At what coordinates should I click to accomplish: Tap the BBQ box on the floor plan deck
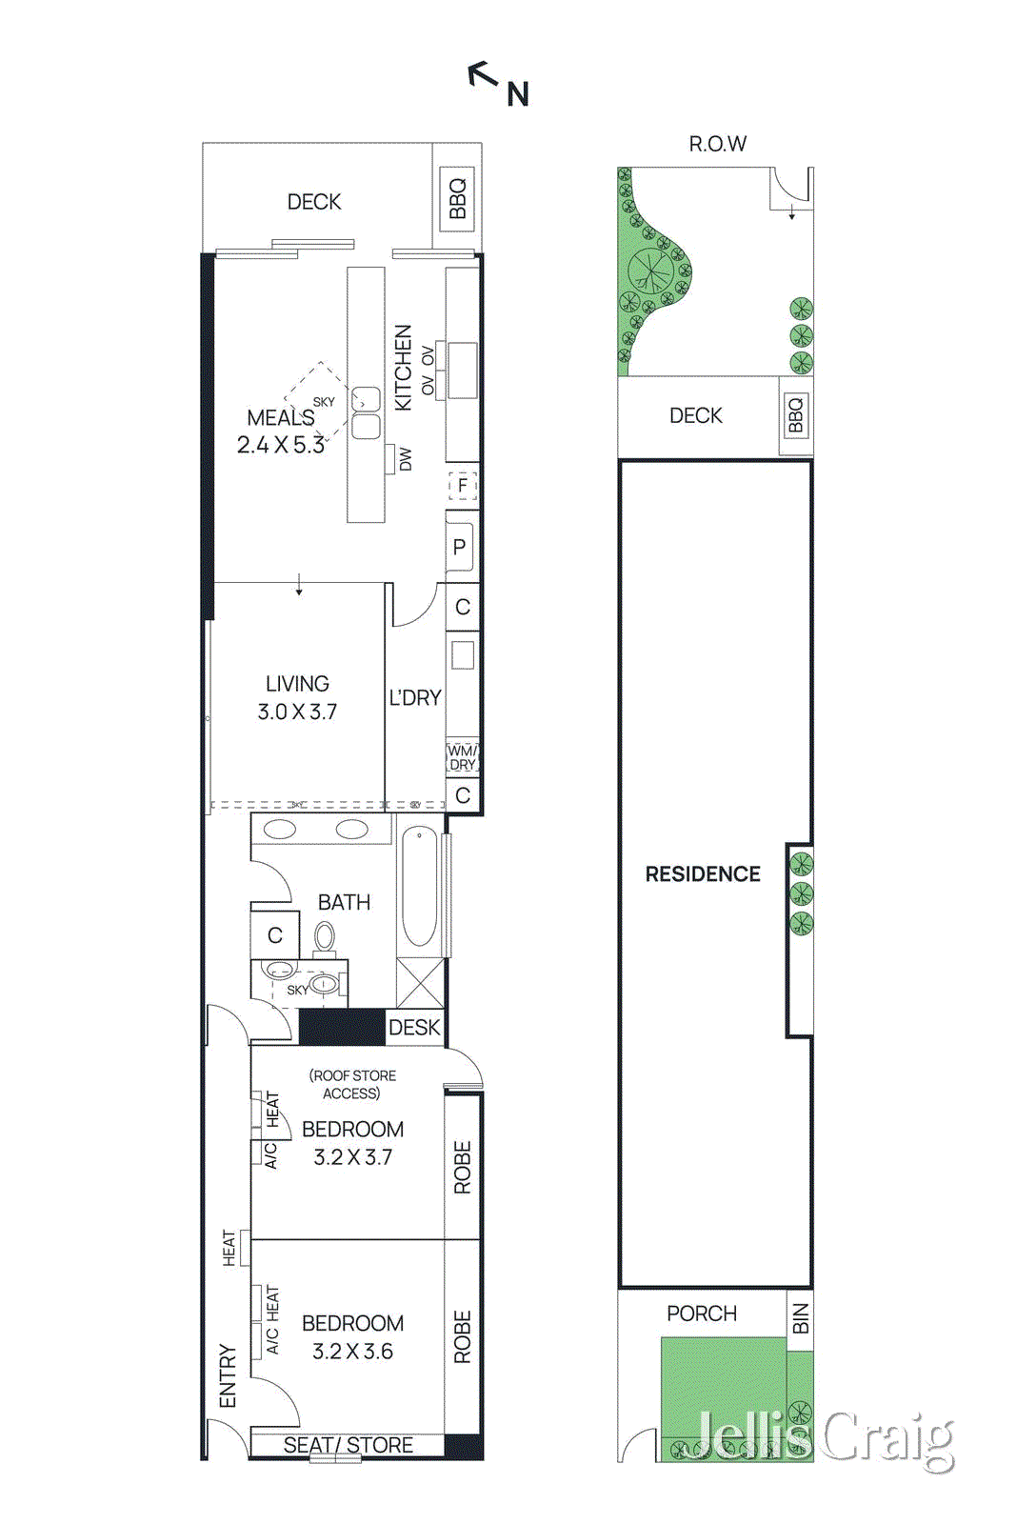pos(457,199)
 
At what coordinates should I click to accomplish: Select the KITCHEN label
pos(404,368)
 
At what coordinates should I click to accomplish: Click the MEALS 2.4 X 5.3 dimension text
pos(281,445)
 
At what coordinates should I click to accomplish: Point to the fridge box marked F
pos(463,486)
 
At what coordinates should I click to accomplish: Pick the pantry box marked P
pos(460,547)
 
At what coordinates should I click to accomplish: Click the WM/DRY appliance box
pos(463,758)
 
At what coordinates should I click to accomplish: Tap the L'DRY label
pos(415,698)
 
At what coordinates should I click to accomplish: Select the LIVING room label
pos(297,684)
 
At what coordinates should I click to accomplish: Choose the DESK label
pos(414,1028)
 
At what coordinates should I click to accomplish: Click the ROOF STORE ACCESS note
pos(352,1084)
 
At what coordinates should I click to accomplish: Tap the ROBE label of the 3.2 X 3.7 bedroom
pos(463,1168)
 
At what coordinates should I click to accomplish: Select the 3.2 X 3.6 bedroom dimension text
pos(352,1352)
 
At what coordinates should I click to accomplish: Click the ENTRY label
pos(228,1375)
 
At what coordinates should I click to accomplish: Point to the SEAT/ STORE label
pos(349,1445)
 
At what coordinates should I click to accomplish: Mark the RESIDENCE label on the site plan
pos(703,874)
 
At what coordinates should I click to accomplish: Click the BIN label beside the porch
pos(801,1319)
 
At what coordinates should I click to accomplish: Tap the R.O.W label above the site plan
pos(718,144)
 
